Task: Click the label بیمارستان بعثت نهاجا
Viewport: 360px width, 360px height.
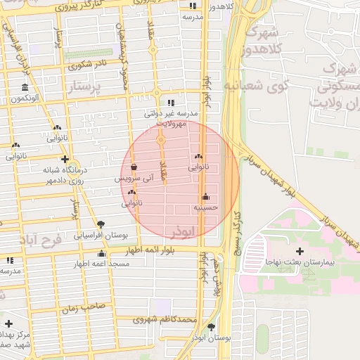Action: pos(300,261)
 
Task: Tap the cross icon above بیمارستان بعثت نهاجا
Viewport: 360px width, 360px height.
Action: pos(300,251)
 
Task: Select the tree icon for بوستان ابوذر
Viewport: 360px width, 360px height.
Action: pos(212,326)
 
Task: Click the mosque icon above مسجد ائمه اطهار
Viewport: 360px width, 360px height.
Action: pos(102,254)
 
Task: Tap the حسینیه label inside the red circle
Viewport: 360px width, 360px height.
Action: pos(206,207)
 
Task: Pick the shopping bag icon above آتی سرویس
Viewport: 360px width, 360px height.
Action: pos(134,167)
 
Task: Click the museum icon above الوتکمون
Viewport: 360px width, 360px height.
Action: pos(25,88)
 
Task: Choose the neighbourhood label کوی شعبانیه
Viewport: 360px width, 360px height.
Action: pos(258,85)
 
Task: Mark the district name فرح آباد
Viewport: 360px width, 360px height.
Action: pos(41,240)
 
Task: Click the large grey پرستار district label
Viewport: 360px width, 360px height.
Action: pos(86,87)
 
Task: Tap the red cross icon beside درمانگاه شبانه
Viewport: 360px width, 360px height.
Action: pos(65,160)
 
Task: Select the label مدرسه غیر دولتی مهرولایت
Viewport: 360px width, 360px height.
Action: pos(172,117)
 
